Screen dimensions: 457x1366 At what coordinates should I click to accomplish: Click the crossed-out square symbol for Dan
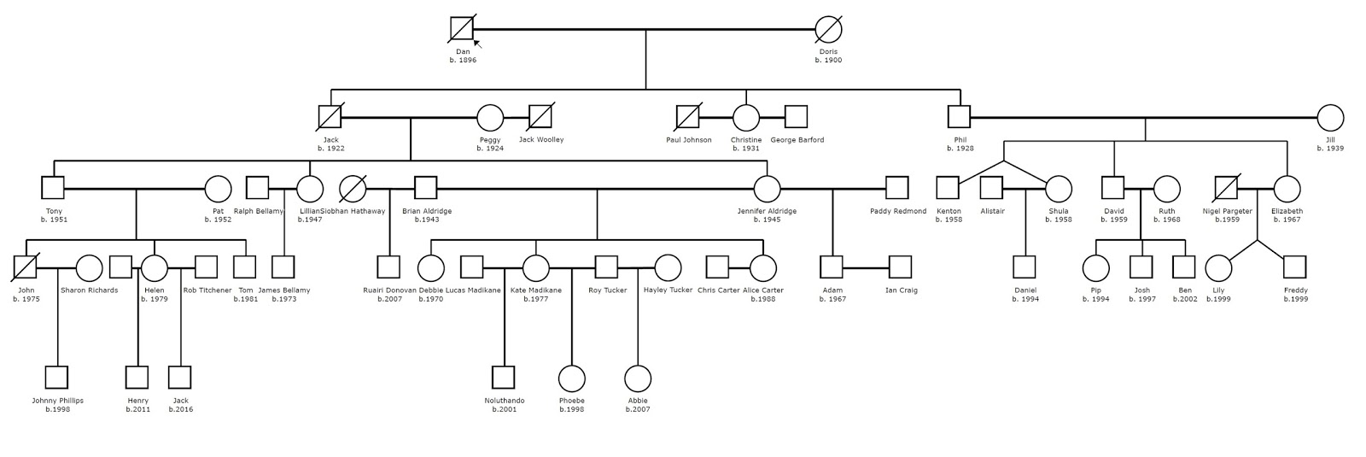click(462, 29)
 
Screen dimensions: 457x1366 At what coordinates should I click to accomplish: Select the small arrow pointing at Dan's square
click(477, 44)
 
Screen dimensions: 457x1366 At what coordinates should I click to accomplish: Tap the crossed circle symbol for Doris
click(828, 29)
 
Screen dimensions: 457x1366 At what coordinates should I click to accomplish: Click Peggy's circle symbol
click(489, 117)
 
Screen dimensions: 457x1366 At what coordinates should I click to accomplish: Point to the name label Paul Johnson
click(688, 140)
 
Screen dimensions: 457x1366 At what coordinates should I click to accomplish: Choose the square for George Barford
click(796, 117)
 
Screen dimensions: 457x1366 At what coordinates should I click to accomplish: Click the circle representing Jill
click(1330, 117)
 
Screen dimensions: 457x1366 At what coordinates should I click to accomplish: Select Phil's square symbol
click(959, 117)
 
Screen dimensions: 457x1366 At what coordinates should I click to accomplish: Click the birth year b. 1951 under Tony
click(54, 220)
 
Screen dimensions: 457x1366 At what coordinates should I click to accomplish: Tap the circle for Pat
click(218, 189)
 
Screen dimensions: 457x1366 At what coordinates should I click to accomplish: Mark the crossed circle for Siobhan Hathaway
click(353, 189)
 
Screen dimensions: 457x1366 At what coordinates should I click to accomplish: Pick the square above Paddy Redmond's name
click(896, 188)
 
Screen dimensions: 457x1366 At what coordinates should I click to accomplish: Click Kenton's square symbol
click(948, 188)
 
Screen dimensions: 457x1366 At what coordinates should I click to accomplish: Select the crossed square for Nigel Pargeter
click(1226, 188)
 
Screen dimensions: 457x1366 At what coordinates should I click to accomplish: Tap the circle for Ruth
click(1166, 189)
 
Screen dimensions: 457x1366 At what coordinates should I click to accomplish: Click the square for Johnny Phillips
click(56, 377)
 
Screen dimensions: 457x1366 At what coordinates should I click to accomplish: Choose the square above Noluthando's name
click(504, 377)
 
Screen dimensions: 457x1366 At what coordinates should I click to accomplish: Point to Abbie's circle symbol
click(638, 378)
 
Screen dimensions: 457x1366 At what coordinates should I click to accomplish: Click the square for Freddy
click(1294, 267)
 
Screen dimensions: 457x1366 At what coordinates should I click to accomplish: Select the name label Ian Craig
click(901, 290)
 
